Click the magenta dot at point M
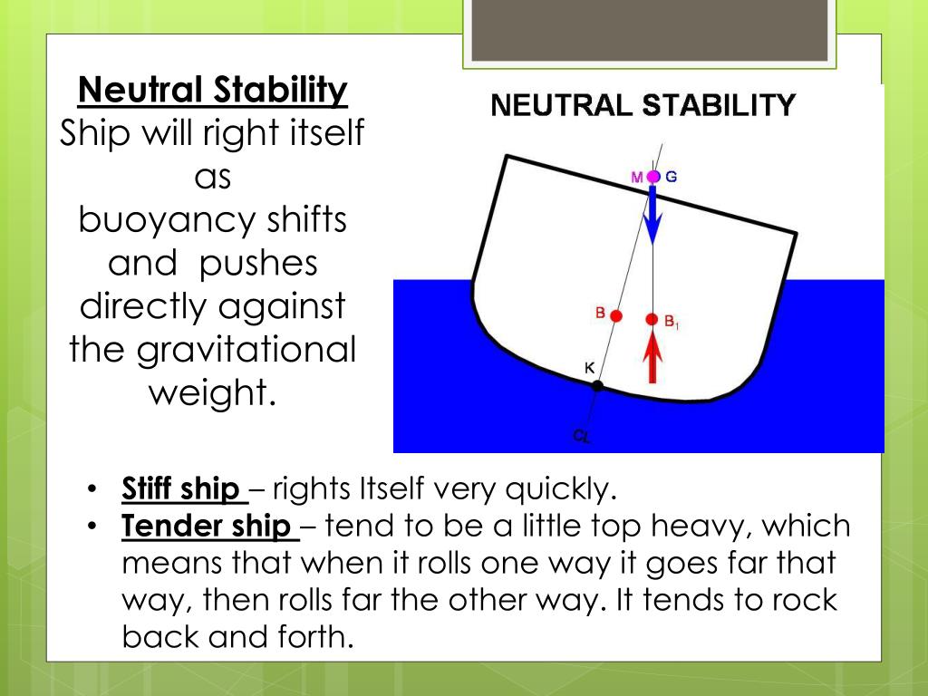653,177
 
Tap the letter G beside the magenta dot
672,177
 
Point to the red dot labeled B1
652,319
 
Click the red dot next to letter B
616,316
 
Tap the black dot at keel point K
597,386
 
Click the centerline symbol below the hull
581,437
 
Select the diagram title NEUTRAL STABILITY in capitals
643,106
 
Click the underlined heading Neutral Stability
213,91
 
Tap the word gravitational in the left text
246,350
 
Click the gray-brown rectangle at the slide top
650,31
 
